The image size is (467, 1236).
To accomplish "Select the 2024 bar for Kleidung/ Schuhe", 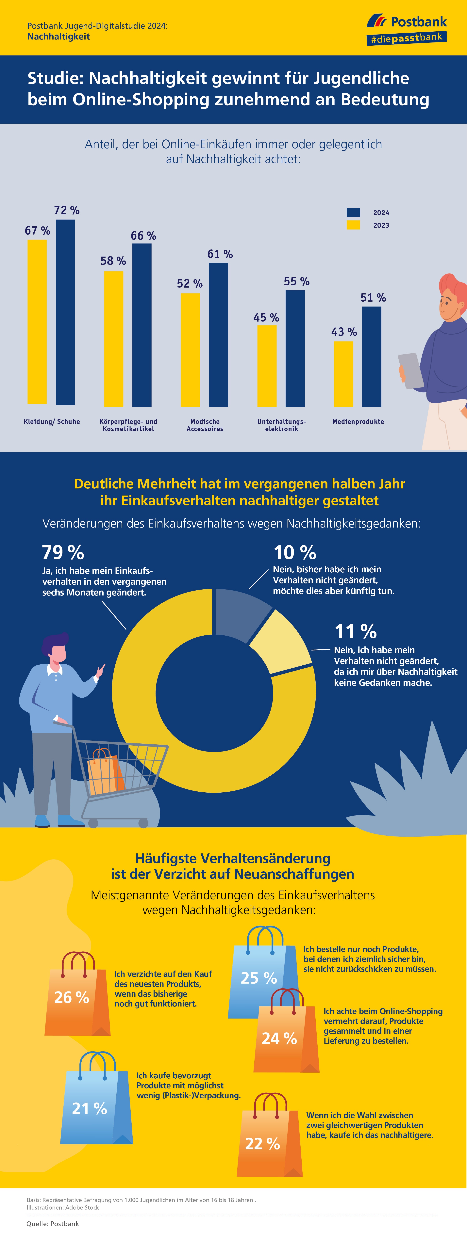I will (65, 312).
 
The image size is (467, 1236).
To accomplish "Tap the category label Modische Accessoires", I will (205, 425).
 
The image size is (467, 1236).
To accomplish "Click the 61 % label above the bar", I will (220, 254).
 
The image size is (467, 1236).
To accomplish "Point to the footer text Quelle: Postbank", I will (53, 1224).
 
